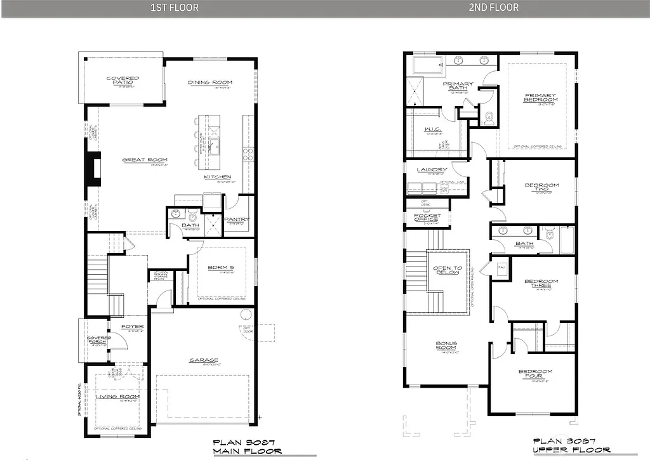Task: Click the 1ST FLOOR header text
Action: pos(174,8)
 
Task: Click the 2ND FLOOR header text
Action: pos(494,8)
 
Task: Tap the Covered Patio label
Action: pos(123,81)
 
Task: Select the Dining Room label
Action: pos(210,82)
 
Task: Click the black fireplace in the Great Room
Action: pos(94,169)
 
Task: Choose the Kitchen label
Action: pos(217,177)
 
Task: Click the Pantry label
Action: pos(237,220)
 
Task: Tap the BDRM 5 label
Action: pos(221,267)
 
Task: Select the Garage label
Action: pos(204,360)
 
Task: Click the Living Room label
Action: pos(117,397)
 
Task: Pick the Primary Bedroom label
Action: pos(541,98)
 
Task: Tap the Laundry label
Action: pos(432,170)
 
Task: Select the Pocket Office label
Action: pos(427,216)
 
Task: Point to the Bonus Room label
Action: pos(446,346)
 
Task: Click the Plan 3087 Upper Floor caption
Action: pos(564,445)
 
